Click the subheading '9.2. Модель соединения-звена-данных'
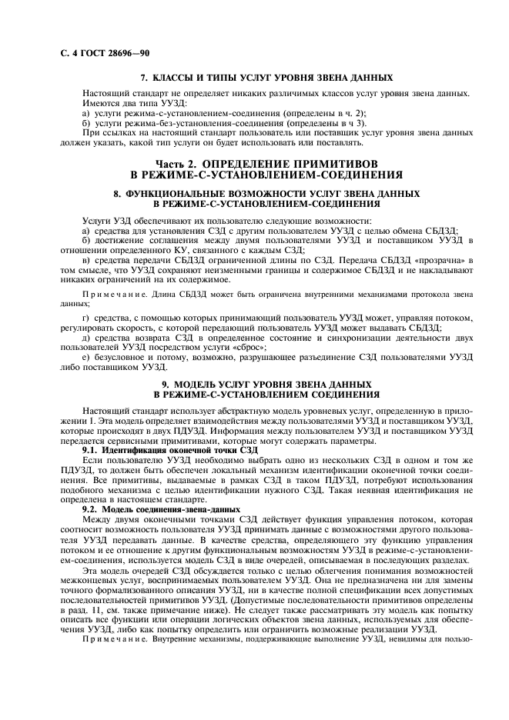162,510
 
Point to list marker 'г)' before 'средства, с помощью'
85,317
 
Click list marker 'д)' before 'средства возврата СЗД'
85,338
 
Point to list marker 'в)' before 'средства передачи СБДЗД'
85,262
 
